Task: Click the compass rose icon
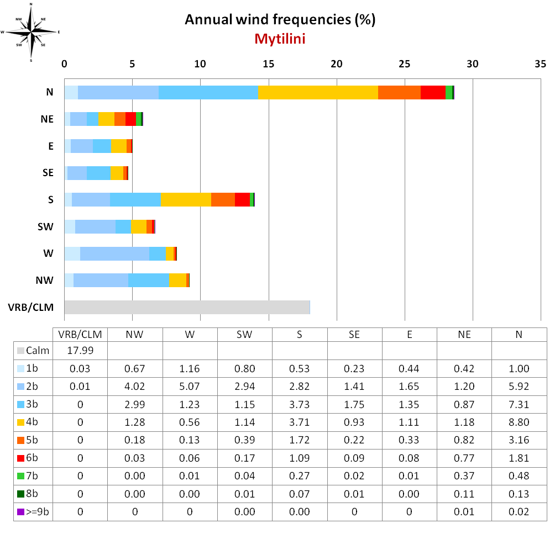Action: tap(31, 32)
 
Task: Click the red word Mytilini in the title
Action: tap(280, 39)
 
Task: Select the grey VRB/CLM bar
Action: tap(187, 307)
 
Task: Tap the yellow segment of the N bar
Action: tap(318, 93)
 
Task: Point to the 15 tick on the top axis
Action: tap(268, 64)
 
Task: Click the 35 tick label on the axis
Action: tap(540, 64)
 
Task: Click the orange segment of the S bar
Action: tap(223, 199)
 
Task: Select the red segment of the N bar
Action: tap(433, 93)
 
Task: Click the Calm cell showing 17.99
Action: tap(80, 351)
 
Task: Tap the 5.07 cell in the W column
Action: tap(190, 386)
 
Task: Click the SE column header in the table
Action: tap(354, 334)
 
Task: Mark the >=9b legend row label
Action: tap(34, 512)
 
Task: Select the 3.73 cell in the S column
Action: tap(300, 405)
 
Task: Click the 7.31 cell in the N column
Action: tap(519, 405)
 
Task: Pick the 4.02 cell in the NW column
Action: tap(135, 386)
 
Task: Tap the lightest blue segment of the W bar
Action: tap(72, 253)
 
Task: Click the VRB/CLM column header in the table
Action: tap(80, 334)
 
